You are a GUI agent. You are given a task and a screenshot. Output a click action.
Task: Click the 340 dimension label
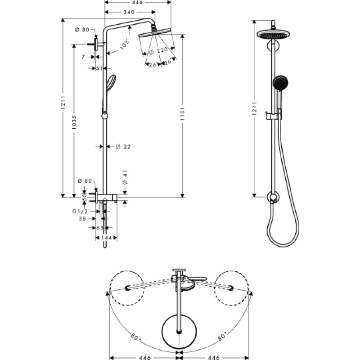[129, 12]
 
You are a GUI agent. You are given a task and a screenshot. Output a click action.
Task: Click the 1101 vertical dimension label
[183, 114]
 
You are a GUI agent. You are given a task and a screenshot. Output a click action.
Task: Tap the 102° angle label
[125, 44]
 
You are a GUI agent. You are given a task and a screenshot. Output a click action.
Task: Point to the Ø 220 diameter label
[159, 51]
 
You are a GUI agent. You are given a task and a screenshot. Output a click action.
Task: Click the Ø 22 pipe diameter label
[123, 147]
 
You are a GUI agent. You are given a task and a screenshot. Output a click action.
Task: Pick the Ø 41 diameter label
[126, 177]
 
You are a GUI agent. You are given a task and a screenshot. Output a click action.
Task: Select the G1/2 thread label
[81, 211]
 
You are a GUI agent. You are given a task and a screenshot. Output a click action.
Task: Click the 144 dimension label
[106, 238]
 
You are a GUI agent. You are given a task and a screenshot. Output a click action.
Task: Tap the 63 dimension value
[99, 228]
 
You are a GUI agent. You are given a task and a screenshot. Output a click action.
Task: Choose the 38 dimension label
[82, 219]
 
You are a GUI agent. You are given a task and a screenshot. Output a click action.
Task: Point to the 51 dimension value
[99, 68]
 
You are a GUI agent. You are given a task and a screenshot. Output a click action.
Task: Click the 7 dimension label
[83, 57]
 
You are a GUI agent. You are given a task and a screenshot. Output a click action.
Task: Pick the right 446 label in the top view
[213, 357]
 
